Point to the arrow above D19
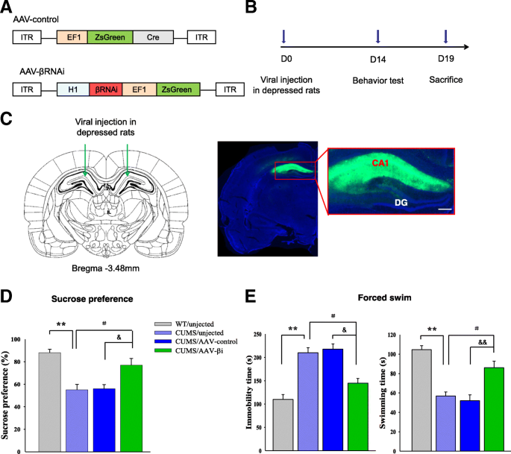pos(445,37)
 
